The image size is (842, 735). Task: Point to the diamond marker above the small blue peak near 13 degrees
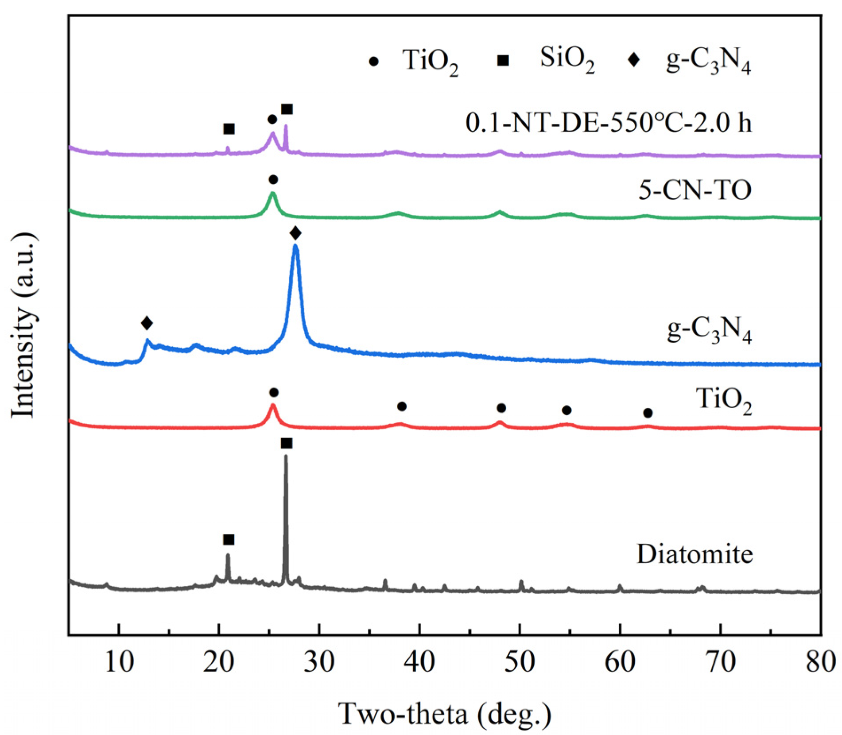pyautogui.click(x=147, y=323)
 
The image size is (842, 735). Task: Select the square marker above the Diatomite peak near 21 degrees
pyautogui.click(x=229, y=540)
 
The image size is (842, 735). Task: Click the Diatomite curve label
pyautogui.click(x=695, y=554)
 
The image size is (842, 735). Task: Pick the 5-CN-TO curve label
pyautogui.click(x=695, y=190)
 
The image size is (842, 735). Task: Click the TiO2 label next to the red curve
pyautogui.click(x=724, y=400)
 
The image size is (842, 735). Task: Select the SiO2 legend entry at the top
pyautogui.click(x=567, y=60)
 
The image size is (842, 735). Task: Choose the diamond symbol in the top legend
pyautogui.click(x=634, y=59)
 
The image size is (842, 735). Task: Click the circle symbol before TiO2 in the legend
pyautogui.click(x=374, y=62)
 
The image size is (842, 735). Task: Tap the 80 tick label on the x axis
pyautogui.click(x=820, y=663)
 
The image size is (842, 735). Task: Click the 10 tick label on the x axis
pyautogui.click(x=119, y=663)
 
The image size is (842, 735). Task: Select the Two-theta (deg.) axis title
pyautogui.click(x=444, y=714)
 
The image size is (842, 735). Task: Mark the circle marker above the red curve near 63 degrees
pyautogui.click(x=648, y=413)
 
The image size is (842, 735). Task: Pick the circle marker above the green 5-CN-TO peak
pyautogui.click(x=273, y=179)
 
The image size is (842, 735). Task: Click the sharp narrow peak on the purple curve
pyautogui.click(x=286, y=126)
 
